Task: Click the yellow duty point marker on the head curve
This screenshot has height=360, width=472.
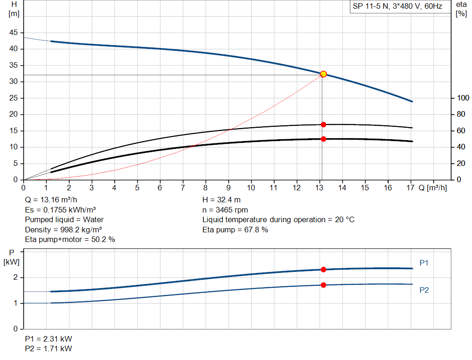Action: pos(323,74)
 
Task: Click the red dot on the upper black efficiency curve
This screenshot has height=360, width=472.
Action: pos(323,124)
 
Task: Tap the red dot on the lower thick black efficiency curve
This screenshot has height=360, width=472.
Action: pos(323,139)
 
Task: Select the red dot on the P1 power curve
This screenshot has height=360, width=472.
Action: pos(323,269)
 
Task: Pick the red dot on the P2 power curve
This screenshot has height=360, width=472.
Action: pos(323,285)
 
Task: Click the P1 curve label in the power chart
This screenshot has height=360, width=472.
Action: pos(424,263)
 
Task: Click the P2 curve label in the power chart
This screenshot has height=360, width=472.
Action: pos(424,290)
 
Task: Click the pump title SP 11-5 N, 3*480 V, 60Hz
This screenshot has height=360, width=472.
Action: pos(397,6)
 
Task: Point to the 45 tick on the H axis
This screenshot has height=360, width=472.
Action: pos(13,33)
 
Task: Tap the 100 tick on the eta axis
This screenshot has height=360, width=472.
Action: pos(462,98)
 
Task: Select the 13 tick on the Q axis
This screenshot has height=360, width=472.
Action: pos(319,188)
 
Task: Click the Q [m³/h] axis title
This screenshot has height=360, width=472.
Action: pos(432,188)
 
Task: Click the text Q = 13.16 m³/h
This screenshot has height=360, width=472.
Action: pos(50,200)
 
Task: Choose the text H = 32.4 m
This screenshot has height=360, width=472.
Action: pos(221,200)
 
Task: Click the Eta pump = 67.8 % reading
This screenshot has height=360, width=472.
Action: pos(235,230)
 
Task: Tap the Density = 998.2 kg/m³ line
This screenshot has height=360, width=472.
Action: pos(64,230)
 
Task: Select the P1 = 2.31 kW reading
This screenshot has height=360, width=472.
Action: pos(48,338)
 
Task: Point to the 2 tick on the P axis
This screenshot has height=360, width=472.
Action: pos(15,277)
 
